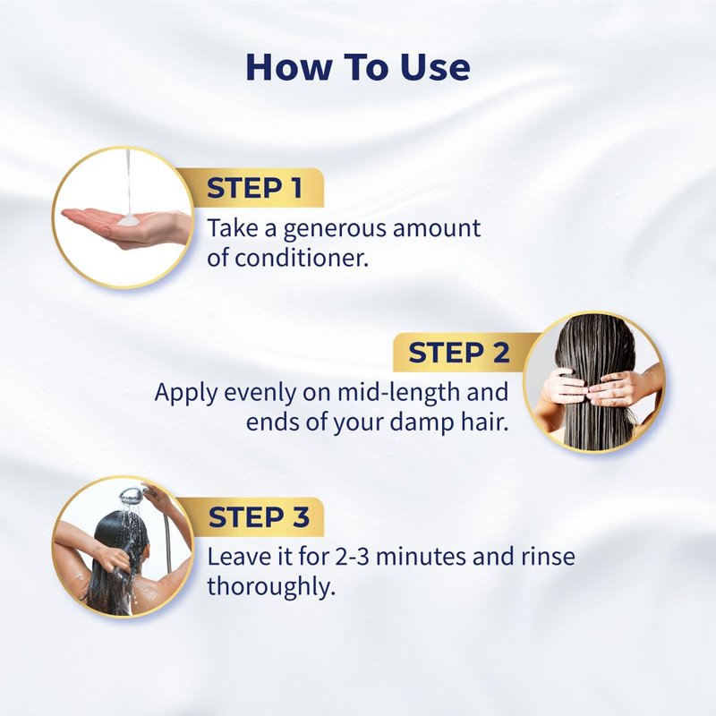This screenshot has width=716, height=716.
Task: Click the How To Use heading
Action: (358, 68)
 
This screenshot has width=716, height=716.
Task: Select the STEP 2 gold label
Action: (461, 353)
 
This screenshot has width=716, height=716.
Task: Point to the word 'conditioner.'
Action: (302, 258)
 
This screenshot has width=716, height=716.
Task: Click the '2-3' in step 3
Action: (352, 557)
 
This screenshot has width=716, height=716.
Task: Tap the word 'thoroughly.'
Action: (271, 587)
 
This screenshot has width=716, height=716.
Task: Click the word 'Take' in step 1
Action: (233, 228)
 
